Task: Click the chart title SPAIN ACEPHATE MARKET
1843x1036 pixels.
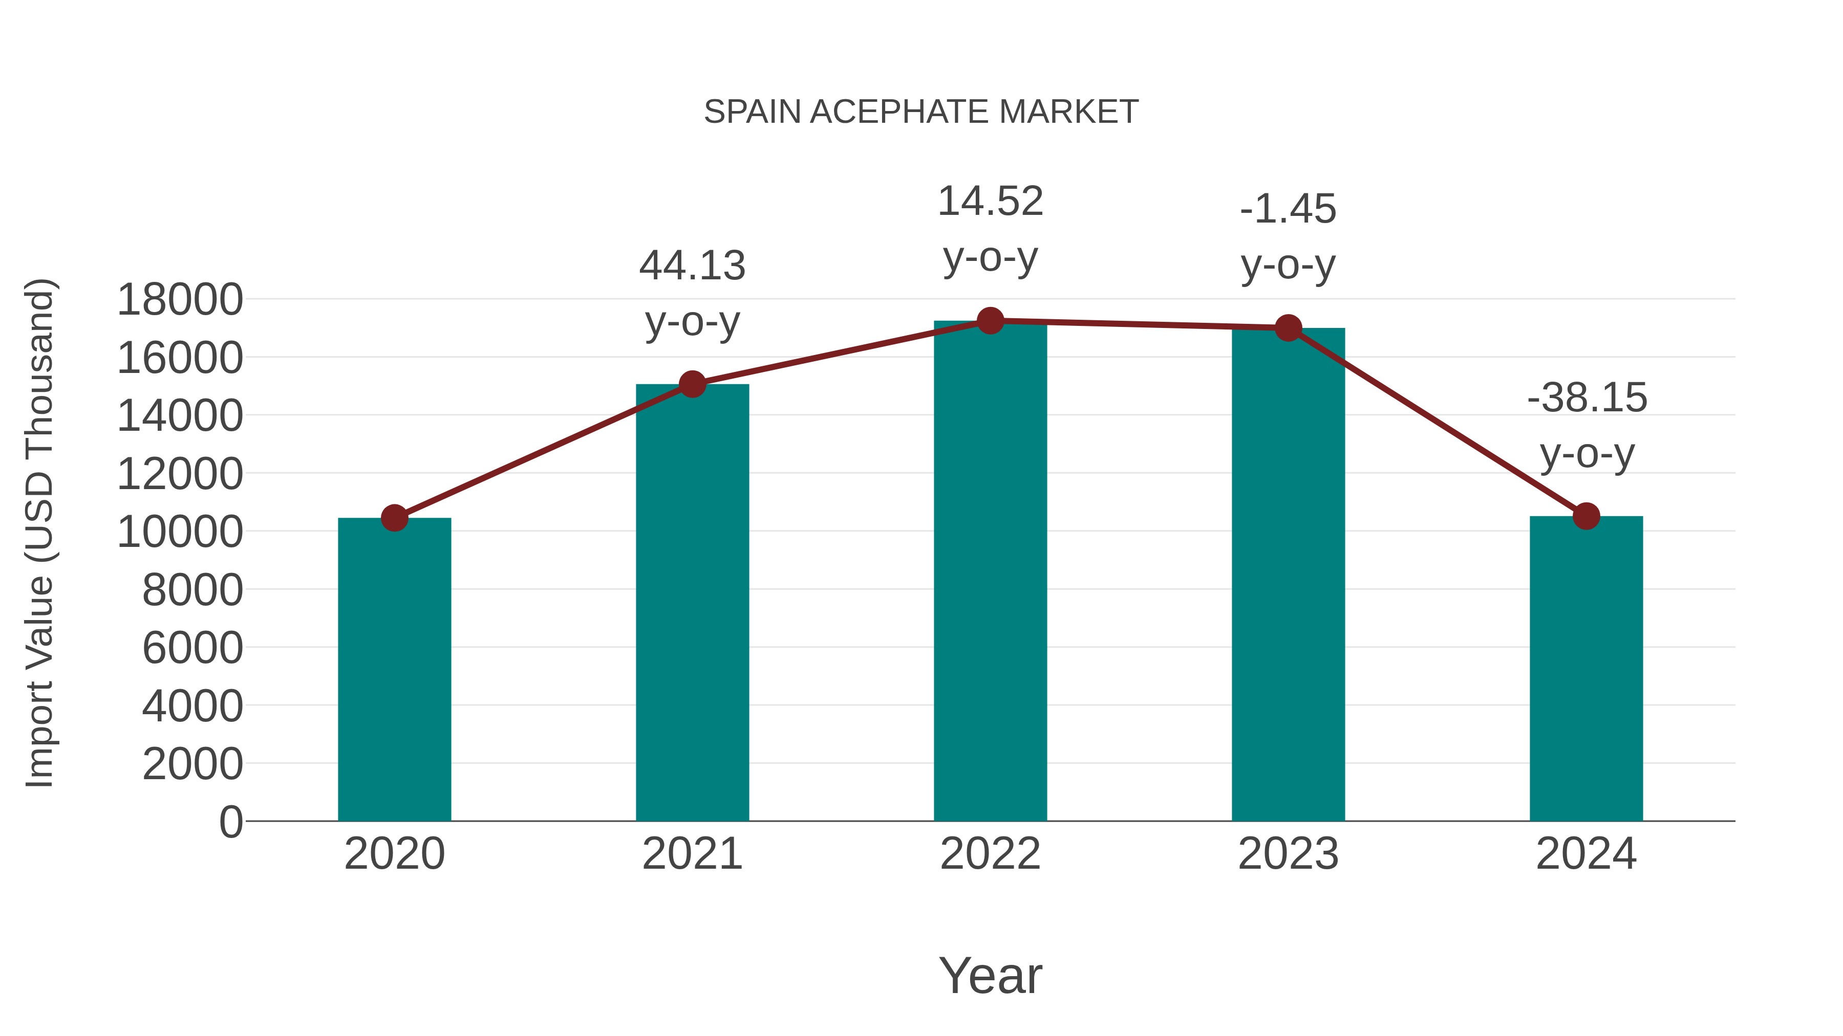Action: [x=921, y=112]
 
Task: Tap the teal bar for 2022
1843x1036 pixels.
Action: [x=990, y=572]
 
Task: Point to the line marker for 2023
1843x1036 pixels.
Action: [x=1289, y=328]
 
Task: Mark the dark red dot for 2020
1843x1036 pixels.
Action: [x=394, y=518]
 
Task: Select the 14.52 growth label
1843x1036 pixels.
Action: [x=990, y=202]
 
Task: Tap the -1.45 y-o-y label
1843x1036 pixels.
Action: [x=1288, y=209]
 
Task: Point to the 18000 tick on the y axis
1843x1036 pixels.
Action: [x=180, y=300]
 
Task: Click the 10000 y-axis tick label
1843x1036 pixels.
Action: [x=180, y=532]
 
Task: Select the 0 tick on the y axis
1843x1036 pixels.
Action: [x=230, y=822]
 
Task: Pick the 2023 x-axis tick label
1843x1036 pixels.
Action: [x=1288, y=854]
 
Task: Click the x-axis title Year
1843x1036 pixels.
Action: [x=990, y=975]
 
